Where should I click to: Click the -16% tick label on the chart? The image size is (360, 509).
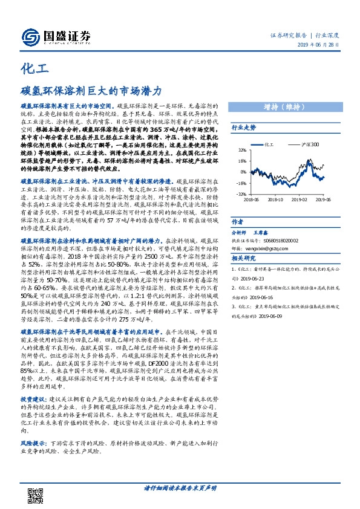(241, 182)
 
